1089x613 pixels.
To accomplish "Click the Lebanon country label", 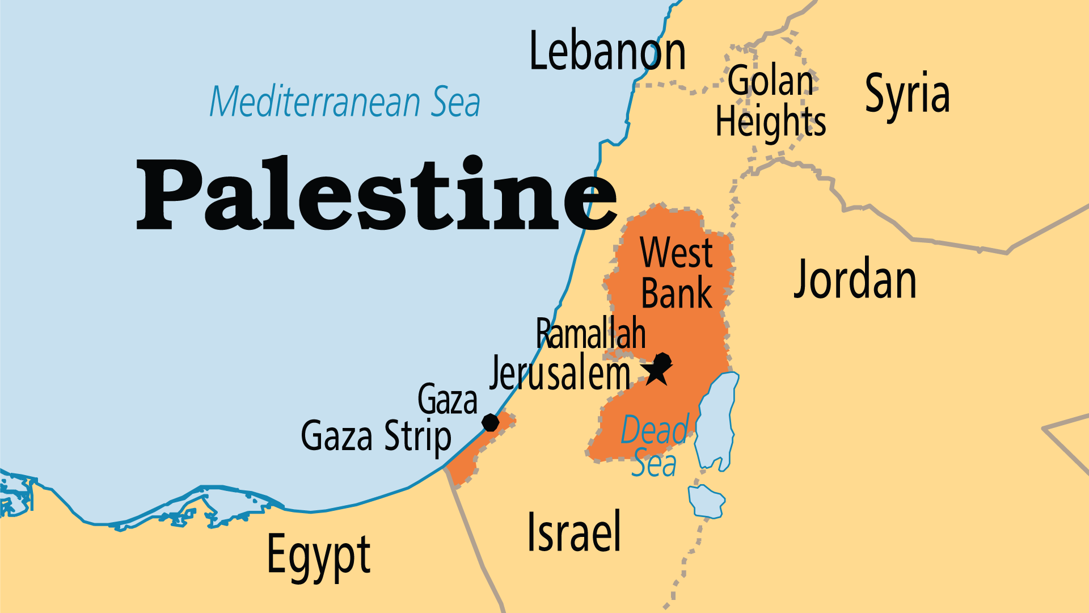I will tap(607, 52).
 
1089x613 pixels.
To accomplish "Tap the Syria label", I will tap(907, 94).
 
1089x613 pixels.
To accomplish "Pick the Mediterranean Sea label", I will tap(345, 102).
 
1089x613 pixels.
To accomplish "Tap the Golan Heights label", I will tap(771, 102).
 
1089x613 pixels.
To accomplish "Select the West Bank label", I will tap(676, 273).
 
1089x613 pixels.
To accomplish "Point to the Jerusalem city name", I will tap(560, 373).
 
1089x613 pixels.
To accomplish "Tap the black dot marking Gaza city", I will tap(491, 422).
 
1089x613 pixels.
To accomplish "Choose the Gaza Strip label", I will tap(375, 436).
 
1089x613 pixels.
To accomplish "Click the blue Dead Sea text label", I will tap(655, 446).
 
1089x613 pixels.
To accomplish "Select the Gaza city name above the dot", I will tap(448, 400).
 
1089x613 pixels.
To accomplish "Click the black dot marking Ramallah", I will tap(662, 360).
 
